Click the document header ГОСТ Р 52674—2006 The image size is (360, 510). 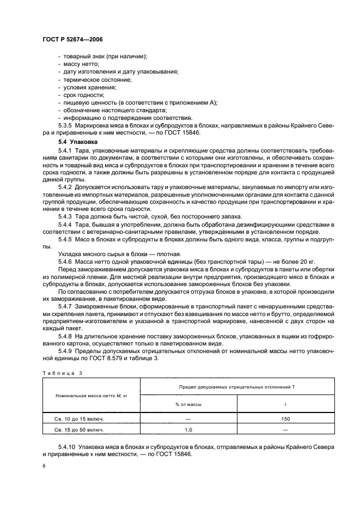(x=72, y=39)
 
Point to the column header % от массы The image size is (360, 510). (x=188, y=404)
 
